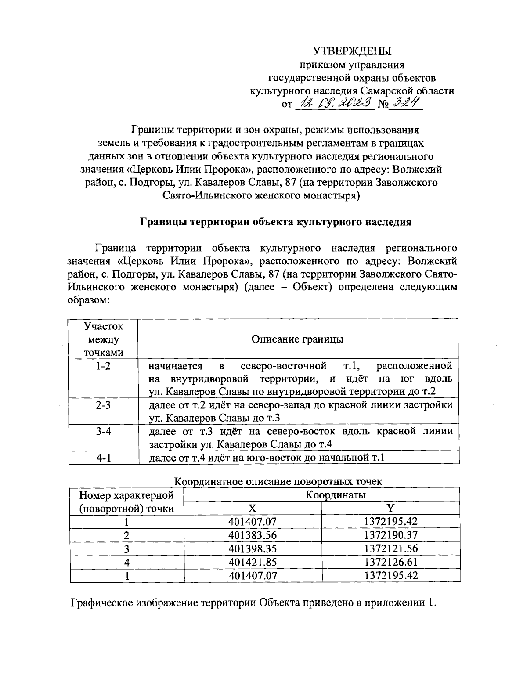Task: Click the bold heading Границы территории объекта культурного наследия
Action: point(275,222)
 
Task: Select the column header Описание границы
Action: point(297,339)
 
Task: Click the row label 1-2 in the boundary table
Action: point(103,366)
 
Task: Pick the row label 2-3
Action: point(103,405)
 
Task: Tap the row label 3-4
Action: point(103,431)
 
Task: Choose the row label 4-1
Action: point(103,458)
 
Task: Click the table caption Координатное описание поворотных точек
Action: point(278,481)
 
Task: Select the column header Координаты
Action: point(336,495)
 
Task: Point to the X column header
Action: point(252,509)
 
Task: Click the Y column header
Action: point(390,509)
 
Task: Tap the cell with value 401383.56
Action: point(253,535)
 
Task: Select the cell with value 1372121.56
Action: point(390,548)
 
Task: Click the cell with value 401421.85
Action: point(253,562)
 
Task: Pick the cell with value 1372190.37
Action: point(390,535)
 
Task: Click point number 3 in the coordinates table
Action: point(126,549)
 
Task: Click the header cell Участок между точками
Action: point(103,339)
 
